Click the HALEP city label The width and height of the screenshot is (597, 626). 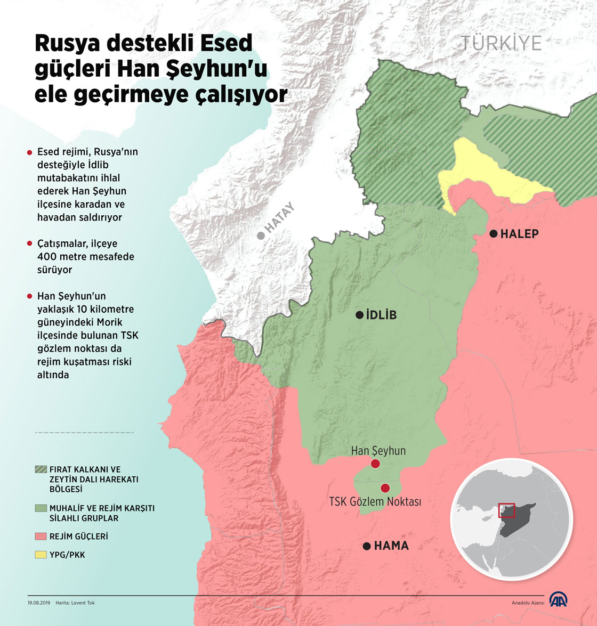tap(519, 234)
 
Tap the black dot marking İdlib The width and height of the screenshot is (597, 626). tap(360, 315)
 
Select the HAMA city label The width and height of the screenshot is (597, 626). tap(391, 546)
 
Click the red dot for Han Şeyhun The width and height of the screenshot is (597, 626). tap(375, 464)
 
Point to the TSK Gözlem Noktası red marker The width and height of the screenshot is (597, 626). tap(385, 488)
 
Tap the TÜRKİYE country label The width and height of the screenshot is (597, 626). tap(501, 43)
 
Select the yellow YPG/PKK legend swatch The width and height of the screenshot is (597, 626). tap(41, 555)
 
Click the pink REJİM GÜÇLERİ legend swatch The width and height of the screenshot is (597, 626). tap(41, 536)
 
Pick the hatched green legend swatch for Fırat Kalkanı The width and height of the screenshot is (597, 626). tap(41, 469)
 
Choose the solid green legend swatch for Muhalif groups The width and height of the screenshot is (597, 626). tap(41, 508)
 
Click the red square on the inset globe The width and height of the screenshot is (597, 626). tap(506, 510)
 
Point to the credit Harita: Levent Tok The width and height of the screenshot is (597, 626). tap(75, 603)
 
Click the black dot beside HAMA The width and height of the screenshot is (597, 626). tap(366, 546)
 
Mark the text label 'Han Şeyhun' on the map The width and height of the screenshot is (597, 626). tap(378, 451)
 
